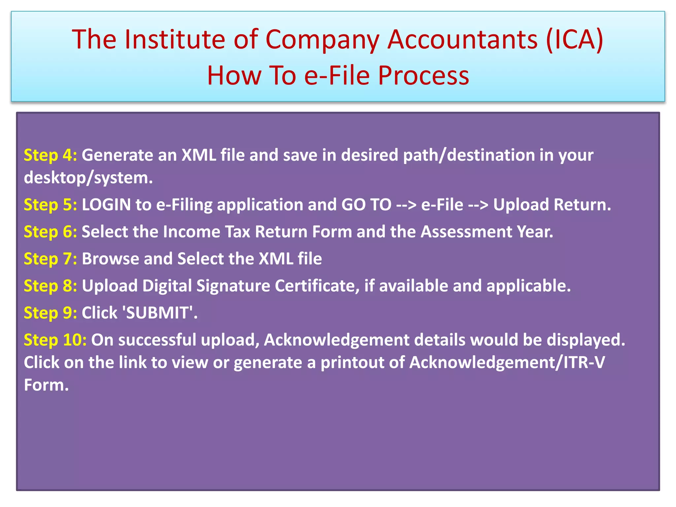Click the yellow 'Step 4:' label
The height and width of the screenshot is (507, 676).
click(x=50, y=155)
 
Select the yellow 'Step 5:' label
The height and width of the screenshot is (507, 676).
click(x=50, y=205)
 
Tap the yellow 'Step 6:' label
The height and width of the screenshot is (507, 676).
click(x=50, y=232)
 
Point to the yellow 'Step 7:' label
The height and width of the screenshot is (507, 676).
click(x=50, y=259)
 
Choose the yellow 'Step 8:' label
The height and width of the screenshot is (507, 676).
click(x=50, y=286)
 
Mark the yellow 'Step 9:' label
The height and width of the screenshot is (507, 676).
click(x=50, y=313)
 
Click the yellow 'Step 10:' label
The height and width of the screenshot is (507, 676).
click(x=55, y=340)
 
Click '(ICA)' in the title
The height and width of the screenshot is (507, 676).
click(x=574, y=40)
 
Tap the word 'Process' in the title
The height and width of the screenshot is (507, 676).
click(x=423, y=76)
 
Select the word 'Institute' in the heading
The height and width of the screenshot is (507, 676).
click(x=175, y=40)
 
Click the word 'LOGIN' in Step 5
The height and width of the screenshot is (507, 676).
click(x=106, y=205)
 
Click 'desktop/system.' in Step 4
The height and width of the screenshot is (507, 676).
click(x=88, y=178)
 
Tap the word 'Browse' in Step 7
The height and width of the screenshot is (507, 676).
click(x=110, y=259)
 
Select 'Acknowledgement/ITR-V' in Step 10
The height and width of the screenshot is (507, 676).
click(x=507, y=362)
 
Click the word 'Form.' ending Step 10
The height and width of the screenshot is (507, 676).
click(x=46, y=385)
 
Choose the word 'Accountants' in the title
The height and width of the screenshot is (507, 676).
click(x=462, y=40)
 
